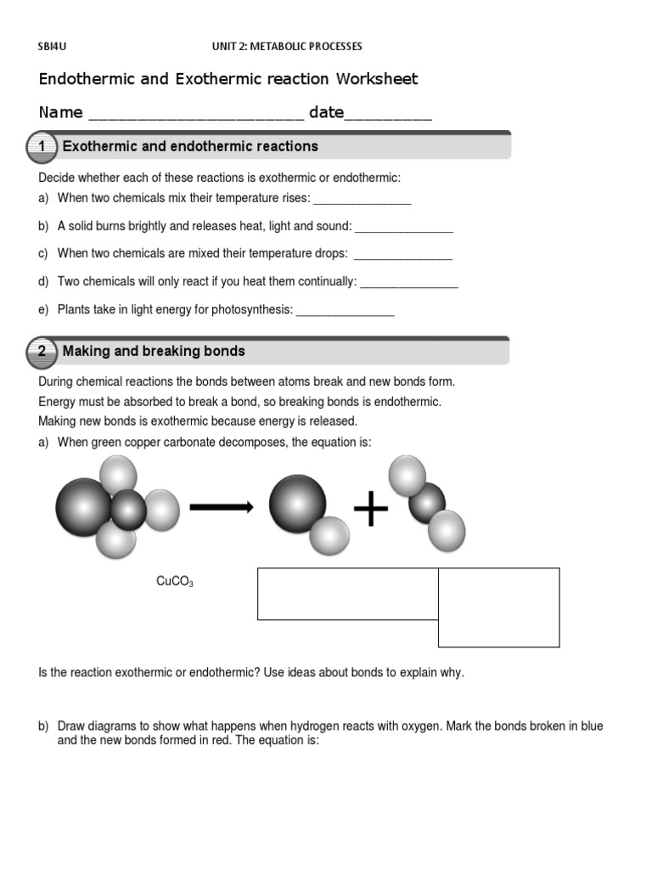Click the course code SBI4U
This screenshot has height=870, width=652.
(x=53, y=46)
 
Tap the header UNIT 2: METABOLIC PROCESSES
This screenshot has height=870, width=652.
(x=286, y=46)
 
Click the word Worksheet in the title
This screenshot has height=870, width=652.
(x=377, y=79)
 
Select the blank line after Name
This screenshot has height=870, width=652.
(x=195, y=117)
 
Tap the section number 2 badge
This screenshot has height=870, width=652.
(x=41, y=352)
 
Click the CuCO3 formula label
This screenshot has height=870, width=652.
(x=175, y=582)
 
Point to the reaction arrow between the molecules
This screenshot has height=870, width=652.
(x=221, y=507)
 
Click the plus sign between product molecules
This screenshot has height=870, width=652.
(x=370, y=510)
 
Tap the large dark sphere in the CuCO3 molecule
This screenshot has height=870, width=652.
(x=83, y=506)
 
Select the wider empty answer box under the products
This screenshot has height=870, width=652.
(x=347, y=593)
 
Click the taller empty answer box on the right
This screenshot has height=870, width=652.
(x=498, y=607)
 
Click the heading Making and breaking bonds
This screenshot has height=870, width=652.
(x=154, y=351)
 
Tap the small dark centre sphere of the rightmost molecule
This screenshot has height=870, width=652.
(x=427, y=502)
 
